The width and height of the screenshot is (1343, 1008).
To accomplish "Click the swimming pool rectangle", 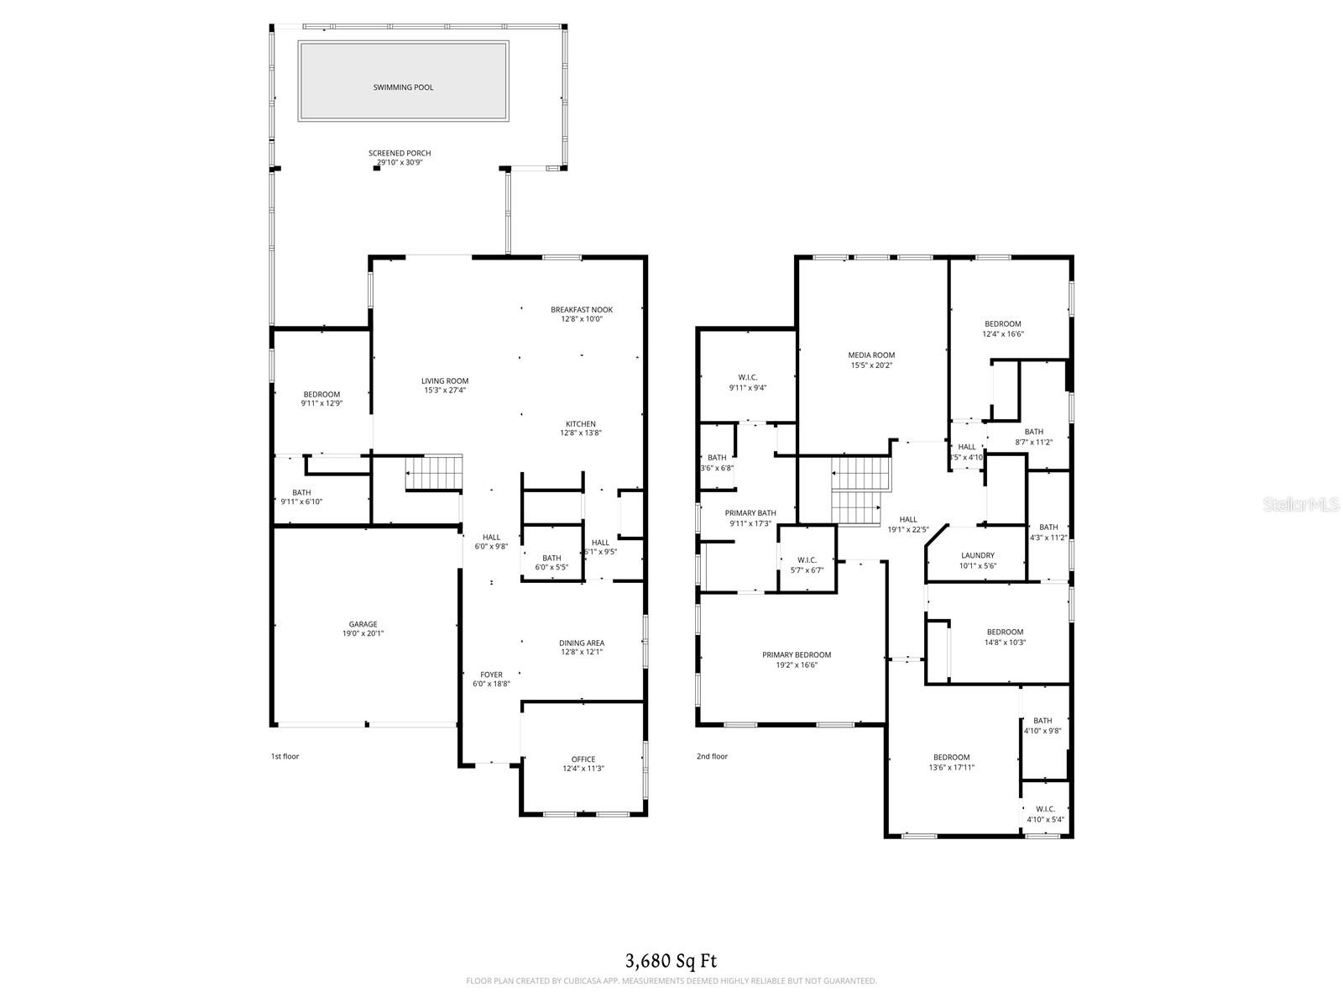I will (x=403, y=81).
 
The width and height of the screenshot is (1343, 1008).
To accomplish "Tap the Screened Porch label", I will (x=400, y=154).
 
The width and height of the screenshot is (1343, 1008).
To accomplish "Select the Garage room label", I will (x=363, y=625).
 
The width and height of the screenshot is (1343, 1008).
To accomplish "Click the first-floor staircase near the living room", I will (x=435, y=473).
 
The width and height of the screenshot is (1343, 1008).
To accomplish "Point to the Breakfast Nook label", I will (x=581, y=310).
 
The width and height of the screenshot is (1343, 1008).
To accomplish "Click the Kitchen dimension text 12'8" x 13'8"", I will (x=581, y=433).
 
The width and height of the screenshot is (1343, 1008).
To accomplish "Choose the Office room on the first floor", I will (x=583, y=760).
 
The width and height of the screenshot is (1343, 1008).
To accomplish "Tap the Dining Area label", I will (x=582, y=643).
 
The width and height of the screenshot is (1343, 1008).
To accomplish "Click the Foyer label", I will (x=491, y=675).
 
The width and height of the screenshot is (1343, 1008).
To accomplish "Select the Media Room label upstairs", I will (x=871, y=355).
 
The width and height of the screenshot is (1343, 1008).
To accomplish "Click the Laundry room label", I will (x=978, y=556).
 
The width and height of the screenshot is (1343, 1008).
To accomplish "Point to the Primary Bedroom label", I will (x=797, y=655).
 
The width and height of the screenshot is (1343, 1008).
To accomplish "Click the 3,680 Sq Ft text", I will (x=671, y=961).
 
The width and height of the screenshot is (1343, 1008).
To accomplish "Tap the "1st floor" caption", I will (x=285, y=757).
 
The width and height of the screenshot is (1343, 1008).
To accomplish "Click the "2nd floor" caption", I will (x=712, y=757).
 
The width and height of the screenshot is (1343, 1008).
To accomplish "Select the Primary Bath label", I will (x=750, y=513).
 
